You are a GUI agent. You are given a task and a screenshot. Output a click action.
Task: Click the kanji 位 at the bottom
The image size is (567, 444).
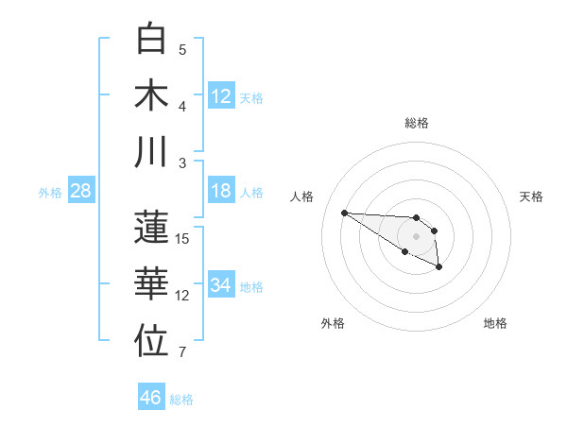[153, 341]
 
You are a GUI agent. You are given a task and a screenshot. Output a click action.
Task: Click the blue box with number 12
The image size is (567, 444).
[221, 95]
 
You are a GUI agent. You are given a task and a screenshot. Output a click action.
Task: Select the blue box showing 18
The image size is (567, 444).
[221, 191]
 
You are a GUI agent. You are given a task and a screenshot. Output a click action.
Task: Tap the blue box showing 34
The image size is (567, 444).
[221, 285]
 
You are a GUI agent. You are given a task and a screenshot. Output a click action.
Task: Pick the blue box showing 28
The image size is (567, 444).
[81, 191]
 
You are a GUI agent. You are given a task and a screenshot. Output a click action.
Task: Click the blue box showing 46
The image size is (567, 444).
[151, 398]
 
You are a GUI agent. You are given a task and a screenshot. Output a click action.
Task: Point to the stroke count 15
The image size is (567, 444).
[182, 239]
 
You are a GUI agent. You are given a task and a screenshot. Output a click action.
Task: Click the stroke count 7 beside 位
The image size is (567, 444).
[182, 353]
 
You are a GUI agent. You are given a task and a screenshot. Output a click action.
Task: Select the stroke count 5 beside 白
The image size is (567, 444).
[182, 50]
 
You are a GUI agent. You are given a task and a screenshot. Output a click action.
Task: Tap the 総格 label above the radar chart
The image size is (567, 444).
[417, 123]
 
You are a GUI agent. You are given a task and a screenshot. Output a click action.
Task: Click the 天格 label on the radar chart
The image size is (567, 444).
[532, 196]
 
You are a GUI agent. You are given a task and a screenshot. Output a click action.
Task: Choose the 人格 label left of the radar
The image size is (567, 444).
[302, 196]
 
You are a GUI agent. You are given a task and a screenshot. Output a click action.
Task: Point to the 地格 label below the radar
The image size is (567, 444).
[495, 324]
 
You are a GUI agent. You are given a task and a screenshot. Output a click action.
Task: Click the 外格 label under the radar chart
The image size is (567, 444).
[333, 324]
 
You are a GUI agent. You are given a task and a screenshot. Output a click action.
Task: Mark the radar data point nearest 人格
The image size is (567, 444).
[344, 213]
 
